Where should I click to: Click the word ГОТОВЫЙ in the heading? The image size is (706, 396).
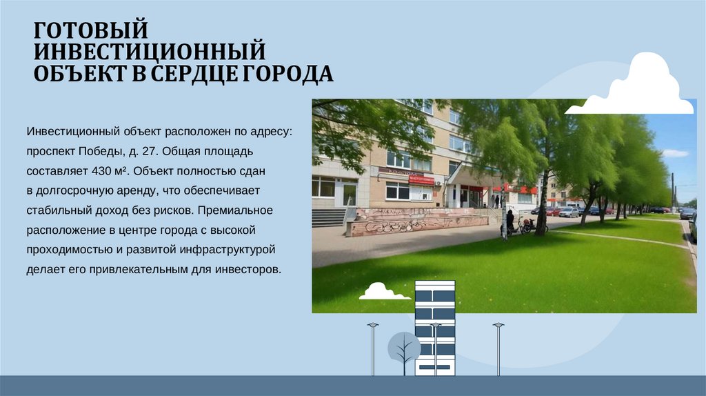coord(92,30)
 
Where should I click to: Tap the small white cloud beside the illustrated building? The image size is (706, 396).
coord(383,291)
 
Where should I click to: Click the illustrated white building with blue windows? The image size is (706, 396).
coord(434,328)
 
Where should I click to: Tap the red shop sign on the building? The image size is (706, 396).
coord(421,179)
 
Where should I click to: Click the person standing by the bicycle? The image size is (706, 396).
coord(510,221)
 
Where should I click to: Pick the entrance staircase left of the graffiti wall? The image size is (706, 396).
coord(328,217)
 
